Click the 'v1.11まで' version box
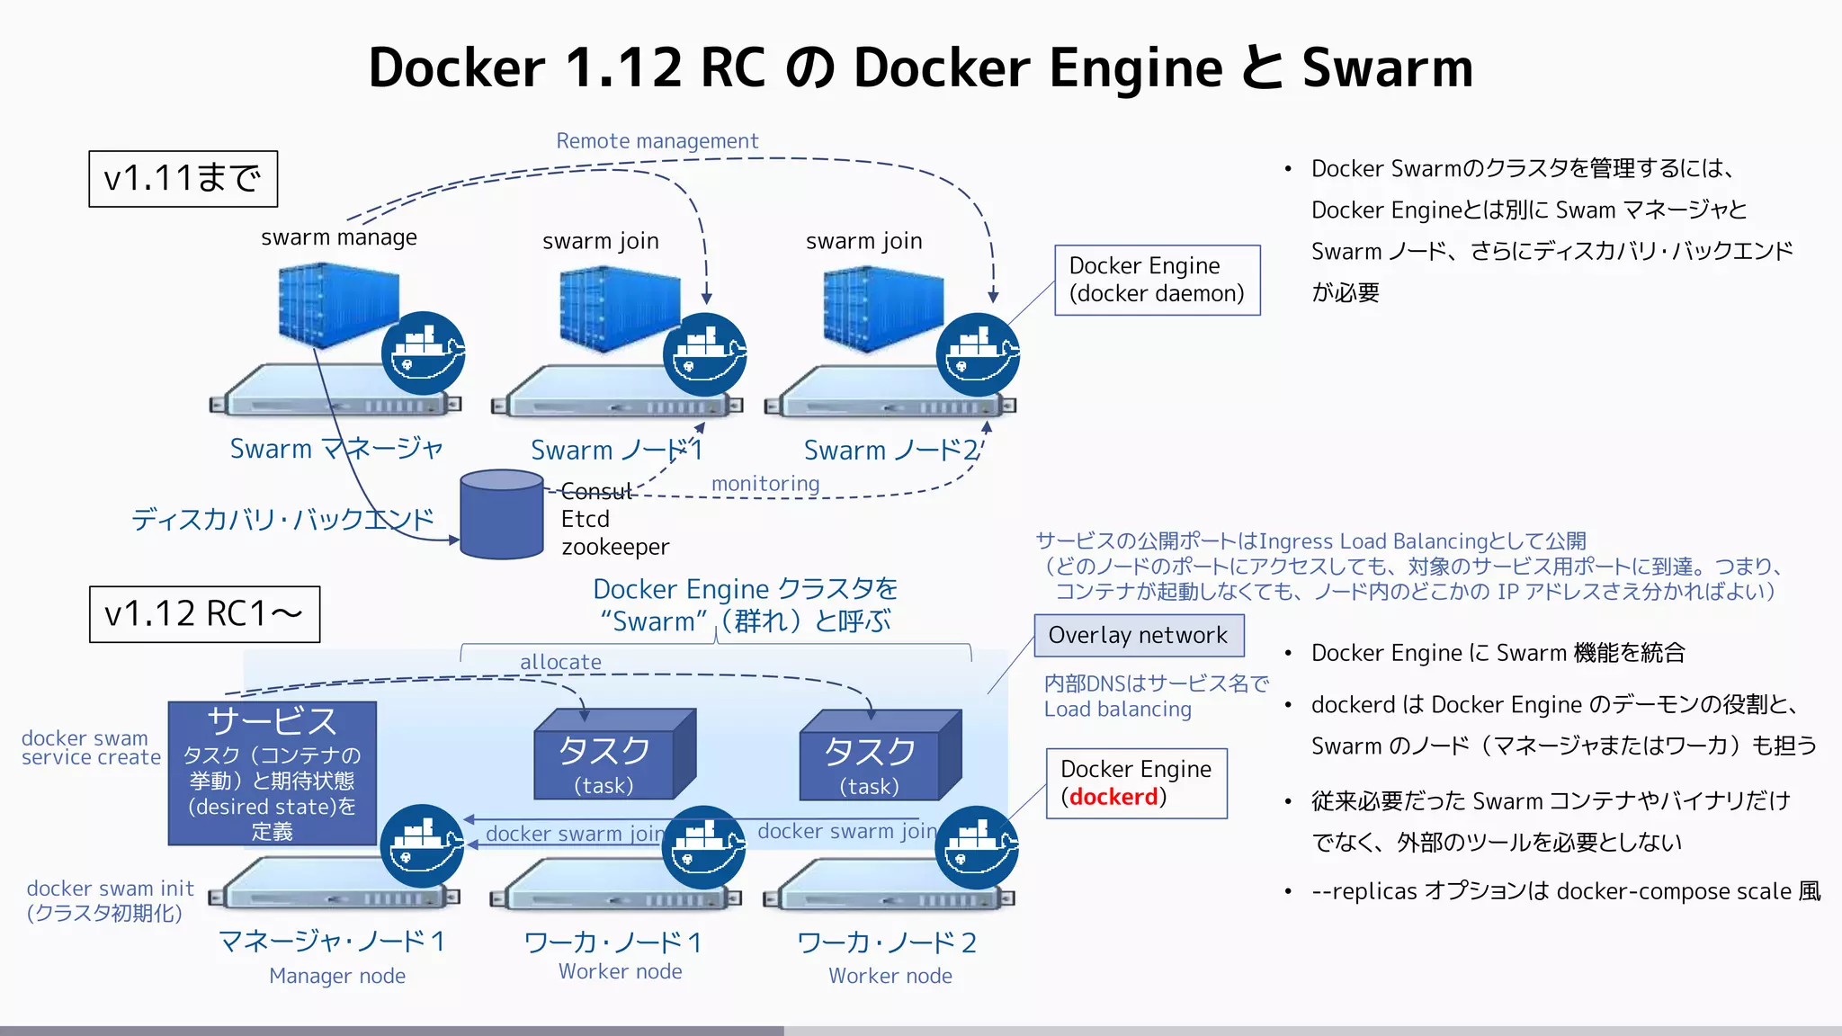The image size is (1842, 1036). pyautogui.click(x=183, y=179)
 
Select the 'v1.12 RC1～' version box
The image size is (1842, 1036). pyautogui.click(x=204, y=614)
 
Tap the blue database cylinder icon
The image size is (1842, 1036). pyautogui.click(x=501, y=514)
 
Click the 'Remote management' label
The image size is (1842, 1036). pyautogui.click(x=657, y=141)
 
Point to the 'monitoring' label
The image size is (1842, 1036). pyautogui.click(x=765, y=484)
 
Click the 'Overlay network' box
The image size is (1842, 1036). pyautogui.click(x=1138, y=636)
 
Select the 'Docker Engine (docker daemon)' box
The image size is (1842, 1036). pyautogui.click(x=1157, y=280)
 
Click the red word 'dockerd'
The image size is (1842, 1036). pyautogui.click(x=1113, y=798)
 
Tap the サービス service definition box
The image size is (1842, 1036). pyautogui.click(x=272, y=773)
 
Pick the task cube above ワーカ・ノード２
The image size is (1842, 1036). pyautogui.click(x=876, y=755)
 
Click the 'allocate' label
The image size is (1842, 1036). pyautogui.click(x=560, y=662)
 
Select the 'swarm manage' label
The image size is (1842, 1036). pyautogui.click(x=339, y=237)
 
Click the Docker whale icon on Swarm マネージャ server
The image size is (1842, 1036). pyautogui.click(x=423, y=353)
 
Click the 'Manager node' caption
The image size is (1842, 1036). pyautogui.click(x=337, y=976)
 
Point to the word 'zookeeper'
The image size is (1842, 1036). pyautogui.click(x=615, y=547)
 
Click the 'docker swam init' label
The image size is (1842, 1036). pyautogui.click(x=110, y=889)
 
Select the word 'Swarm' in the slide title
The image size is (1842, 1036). pyautogui.click(x=1387, y=68)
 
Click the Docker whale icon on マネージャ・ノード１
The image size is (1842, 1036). pyautogui.click(x=422, y=846)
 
